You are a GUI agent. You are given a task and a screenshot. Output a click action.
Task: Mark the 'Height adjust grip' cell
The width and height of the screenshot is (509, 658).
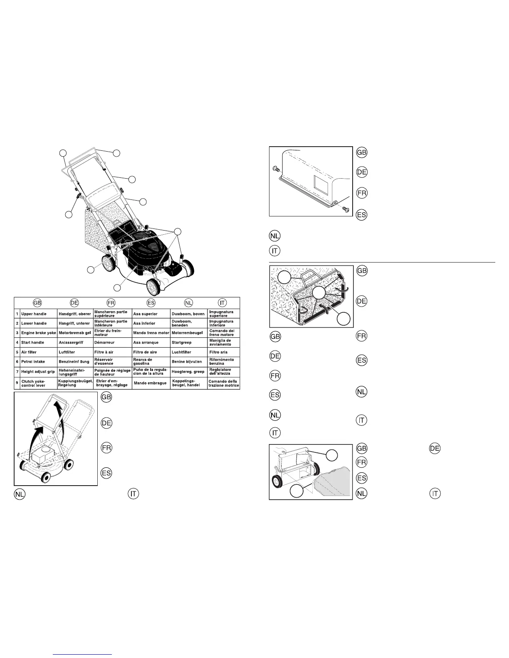point(38,372)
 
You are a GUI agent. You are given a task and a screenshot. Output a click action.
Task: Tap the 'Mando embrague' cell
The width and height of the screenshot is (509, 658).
point(150,383)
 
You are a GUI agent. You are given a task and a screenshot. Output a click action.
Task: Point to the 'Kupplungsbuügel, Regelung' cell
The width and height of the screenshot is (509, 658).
point(75,383)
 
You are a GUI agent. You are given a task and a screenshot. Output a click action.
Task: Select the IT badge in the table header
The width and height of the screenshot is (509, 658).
point(223,302)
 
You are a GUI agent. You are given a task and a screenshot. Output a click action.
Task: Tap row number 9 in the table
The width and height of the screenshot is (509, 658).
point(17,383)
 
